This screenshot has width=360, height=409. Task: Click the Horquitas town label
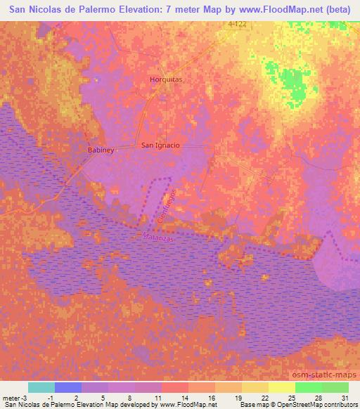[166, 79]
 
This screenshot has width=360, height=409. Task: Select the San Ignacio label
[161, 145]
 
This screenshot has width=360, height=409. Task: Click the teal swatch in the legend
[41, 387]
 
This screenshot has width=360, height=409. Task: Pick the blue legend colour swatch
[68, 387]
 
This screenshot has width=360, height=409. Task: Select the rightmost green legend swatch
[335, 387]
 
